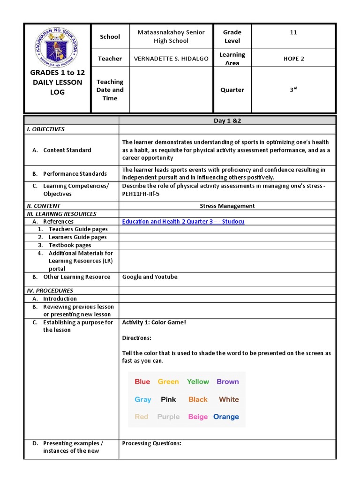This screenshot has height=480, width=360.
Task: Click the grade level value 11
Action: point(293,32)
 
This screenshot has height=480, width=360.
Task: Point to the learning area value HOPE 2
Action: point(293,59)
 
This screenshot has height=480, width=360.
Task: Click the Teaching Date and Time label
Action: point(110,90)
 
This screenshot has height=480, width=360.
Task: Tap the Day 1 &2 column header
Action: point(227,121)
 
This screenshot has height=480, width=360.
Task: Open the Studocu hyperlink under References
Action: point(183,222)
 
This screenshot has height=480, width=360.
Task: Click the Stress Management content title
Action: point(227,206)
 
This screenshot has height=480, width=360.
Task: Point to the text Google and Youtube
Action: point(150,277)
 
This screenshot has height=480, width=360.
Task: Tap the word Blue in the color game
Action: point(142,382)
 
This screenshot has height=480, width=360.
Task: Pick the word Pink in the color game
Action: point(168,399)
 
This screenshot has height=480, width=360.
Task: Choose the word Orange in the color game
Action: point(226,417)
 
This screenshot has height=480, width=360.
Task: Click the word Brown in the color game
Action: point(228,382)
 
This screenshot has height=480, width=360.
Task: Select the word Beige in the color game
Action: point(198,417)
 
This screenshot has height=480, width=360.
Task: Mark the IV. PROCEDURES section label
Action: point(50,291)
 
